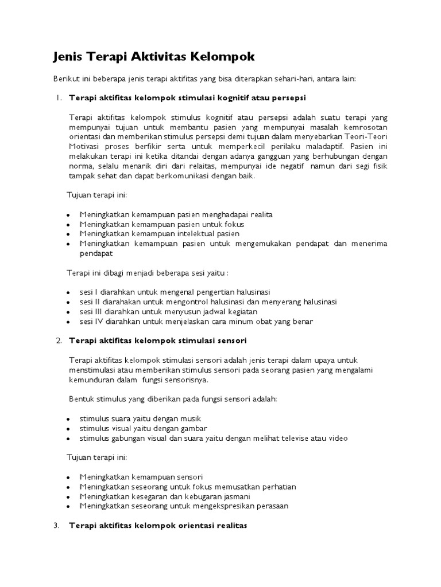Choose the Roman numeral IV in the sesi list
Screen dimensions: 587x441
point(100,322)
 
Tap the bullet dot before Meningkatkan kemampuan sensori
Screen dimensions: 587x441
point(68,478)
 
